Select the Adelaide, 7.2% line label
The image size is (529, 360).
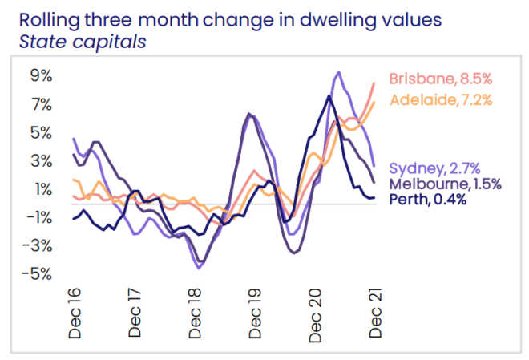(x=440, y=100)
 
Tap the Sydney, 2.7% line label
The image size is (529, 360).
(x=434, y=168)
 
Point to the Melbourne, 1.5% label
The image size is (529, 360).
(x=445, y=184)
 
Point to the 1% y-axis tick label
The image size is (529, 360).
(x=42, y=189)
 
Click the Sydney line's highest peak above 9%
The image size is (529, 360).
(x=338, y=72)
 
